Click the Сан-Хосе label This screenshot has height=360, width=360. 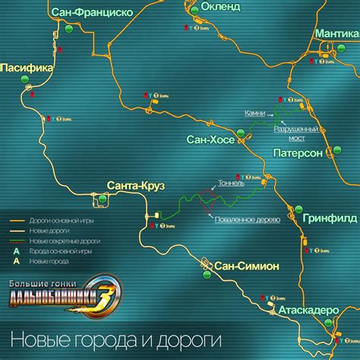(x=210, y=139)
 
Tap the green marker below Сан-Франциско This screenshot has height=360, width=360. (x=70, y=27)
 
